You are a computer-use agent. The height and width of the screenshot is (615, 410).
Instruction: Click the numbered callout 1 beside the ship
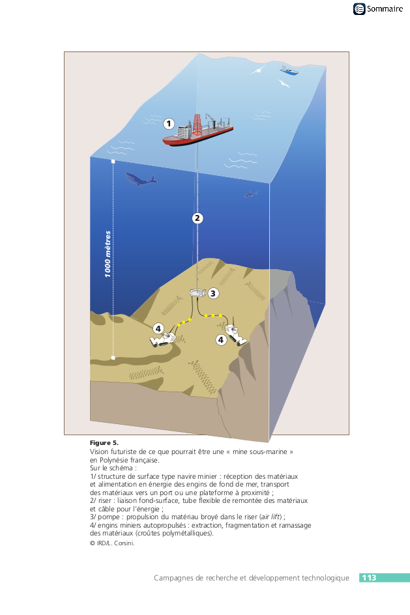point(169,123)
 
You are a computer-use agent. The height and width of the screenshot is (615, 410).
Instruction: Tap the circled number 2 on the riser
point(198,218)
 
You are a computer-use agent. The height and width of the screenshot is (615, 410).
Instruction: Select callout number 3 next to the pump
point(213,293)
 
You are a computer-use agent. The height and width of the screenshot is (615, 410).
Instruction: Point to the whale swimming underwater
point(140,179)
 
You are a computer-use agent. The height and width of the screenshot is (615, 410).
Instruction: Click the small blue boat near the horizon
point(289,70)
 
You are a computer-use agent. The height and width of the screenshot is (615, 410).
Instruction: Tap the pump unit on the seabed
point(198,293)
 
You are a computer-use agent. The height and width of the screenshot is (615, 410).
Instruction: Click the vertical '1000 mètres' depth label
point(108,254)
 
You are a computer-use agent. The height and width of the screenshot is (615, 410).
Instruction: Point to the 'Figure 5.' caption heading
point(104,443)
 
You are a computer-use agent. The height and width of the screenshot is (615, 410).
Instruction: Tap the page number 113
point(369,578)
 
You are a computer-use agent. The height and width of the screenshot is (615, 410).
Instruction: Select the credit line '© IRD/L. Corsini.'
point(112,543)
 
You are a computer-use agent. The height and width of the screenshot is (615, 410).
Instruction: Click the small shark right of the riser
point(251,193)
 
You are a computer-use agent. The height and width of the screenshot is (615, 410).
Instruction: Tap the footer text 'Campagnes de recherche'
point(196,578)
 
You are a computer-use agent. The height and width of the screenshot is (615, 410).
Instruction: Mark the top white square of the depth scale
point(113,160)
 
